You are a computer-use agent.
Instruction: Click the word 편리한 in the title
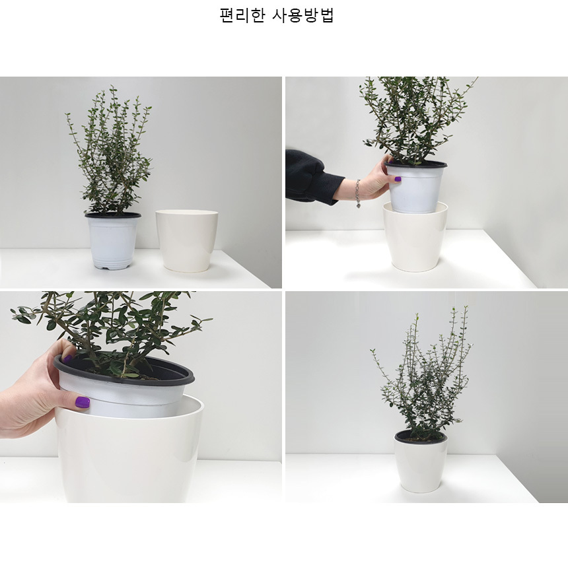tap(242, 15)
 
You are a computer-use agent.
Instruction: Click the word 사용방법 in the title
tap(303, 15)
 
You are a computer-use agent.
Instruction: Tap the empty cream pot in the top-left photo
tap(187, 241)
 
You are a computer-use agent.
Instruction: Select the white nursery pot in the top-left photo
tap(113, 242)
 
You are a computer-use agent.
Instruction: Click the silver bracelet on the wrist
tap(357, 193)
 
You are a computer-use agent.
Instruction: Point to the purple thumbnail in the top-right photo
tap(398, 179)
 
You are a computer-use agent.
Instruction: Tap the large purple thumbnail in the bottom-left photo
tap(83, 402)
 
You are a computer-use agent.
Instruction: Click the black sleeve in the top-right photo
tap(314, 177)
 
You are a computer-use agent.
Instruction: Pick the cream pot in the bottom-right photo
tap(421, 463)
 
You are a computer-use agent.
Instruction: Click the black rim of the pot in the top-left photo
tap(113, 215)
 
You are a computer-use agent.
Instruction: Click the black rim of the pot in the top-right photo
tap(416, 164)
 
